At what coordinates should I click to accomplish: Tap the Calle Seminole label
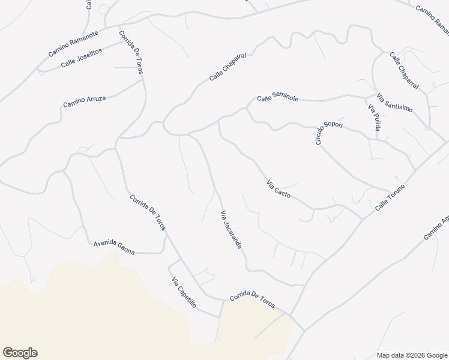[x=278, y=98]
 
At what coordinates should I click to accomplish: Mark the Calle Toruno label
[x=391, y=197]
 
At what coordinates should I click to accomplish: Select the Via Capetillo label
[x=184, y=292]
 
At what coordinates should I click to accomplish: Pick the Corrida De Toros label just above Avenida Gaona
[x=147, y=212]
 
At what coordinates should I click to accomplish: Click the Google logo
[x=20, y=353]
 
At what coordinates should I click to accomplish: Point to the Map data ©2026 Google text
[x=411, y=355]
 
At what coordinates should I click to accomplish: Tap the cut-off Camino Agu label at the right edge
[x=436, y=227]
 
